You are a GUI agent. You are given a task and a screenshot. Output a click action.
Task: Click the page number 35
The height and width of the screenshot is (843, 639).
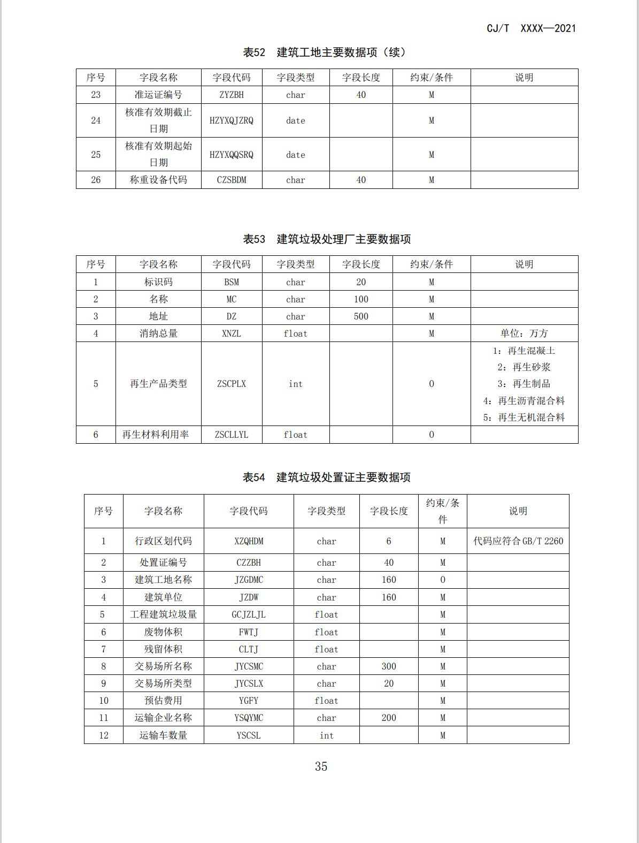point(321,766)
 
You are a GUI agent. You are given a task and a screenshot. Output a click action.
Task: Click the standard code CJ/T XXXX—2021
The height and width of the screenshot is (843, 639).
point(531,28)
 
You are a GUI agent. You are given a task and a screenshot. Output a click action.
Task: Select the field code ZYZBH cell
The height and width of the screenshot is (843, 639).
point(232,95)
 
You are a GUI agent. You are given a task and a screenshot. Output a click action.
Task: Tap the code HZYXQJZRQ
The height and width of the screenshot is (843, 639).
point(232,120)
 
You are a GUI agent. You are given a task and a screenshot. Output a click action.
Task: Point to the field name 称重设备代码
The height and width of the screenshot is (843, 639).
point(158,180)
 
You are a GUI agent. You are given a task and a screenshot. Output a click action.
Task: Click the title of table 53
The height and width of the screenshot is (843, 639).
point(327,239)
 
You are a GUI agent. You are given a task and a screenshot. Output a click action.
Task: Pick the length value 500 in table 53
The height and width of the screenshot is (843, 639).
point(361,316)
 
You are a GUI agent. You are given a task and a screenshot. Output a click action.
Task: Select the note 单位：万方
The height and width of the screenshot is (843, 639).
point(524,333)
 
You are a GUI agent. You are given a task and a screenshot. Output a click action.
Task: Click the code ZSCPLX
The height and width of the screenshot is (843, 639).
point(232,384)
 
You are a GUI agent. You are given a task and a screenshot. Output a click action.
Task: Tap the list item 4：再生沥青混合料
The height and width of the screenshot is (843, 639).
point(524,401)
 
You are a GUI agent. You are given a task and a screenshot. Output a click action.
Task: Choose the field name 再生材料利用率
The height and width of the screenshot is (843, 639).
point(156,435)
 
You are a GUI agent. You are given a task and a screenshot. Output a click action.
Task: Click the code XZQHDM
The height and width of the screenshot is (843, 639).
point(249,541)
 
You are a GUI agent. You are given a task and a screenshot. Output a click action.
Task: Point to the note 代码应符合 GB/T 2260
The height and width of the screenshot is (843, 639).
point(518,541)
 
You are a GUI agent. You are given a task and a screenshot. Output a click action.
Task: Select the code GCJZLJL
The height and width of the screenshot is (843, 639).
point(249,614)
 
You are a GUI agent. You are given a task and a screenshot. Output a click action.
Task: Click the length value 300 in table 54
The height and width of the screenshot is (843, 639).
point(389,666)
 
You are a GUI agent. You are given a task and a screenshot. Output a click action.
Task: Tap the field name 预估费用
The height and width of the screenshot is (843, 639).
point(163,701)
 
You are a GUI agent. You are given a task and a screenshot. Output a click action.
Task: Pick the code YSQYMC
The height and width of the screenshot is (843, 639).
point(249,718)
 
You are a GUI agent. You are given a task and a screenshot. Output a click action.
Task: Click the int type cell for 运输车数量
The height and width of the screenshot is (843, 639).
point(326,735)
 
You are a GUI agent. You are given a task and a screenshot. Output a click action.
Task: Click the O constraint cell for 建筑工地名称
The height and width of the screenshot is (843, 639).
point(443,580)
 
